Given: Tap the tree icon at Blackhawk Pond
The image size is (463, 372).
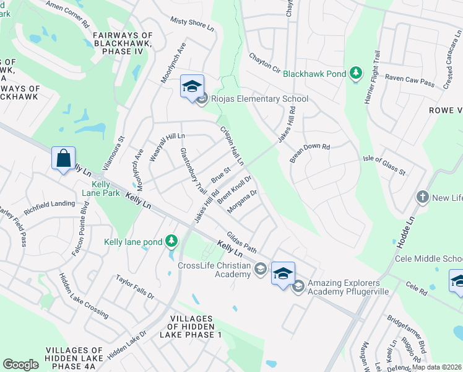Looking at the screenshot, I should click(x=356, y=74).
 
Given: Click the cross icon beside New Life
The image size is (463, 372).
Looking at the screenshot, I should click(x=423, y=197).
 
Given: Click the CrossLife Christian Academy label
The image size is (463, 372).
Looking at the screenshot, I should click(x=214, y=270).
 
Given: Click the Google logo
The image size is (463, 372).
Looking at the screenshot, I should click(x=21, y=364).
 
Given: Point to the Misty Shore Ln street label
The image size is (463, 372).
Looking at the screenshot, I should click(x=192, y=24).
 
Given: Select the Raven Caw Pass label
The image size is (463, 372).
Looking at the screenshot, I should click(x=409, y=79).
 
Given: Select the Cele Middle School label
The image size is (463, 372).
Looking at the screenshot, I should click(x=429, y=258).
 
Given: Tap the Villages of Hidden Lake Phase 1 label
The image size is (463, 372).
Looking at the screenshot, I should click(x=190, y=327).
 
